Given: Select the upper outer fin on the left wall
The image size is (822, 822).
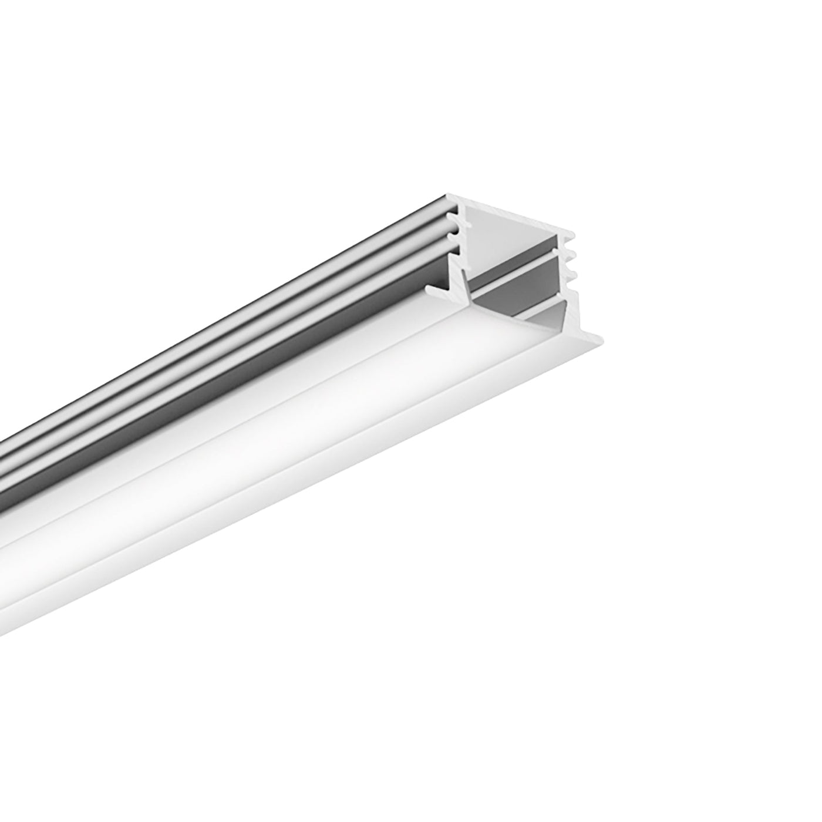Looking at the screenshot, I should tap(450, 218).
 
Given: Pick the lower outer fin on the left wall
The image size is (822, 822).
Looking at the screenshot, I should tap(451, 235).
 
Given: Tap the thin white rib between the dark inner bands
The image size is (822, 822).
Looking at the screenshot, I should tap(517, 279).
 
